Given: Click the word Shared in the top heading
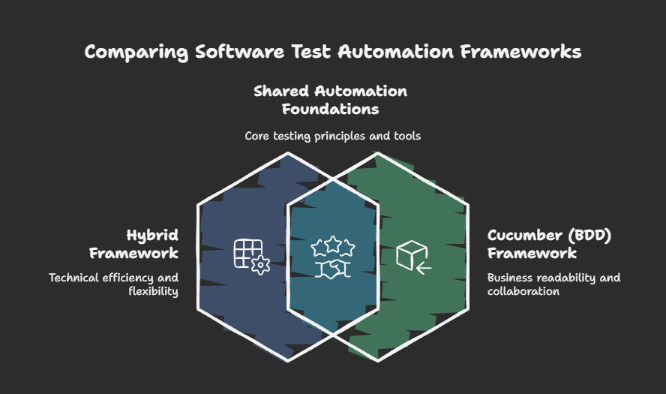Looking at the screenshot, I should (281, 92).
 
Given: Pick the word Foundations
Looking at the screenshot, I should (330, 109).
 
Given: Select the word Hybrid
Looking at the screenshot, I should (152, 236).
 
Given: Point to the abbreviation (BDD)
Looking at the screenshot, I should (590, 236).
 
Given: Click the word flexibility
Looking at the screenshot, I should (154, 291).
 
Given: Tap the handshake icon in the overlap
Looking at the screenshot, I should (331, 269).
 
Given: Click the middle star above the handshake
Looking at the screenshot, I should (331, 244).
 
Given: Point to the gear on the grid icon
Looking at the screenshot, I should (261, 266).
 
